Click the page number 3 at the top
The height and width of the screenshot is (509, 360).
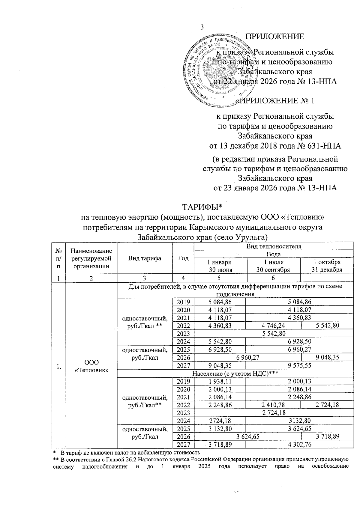pos(202,27)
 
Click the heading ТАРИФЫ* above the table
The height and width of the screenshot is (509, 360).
pos(202,207)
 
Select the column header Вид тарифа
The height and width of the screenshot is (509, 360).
pos(145,258)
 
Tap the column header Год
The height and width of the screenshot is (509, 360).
pos(183,258)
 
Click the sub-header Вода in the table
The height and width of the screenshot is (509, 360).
pos(273,254)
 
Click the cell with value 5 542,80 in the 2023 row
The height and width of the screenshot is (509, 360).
pos(273,333)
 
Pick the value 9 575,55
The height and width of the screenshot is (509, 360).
pos(299,365)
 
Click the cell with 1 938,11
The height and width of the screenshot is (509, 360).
pos(220,381)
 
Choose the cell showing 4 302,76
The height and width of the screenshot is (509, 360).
pos(299,445)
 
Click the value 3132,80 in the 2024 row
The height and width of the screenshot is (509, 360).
pos(299,421)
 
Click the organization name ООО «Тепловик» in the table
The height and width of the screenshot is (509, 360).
pos(91,366)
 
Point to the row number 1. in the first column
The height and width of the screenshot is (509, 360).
pos(59,366)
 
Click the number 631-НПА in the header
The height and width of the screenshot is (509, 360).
pos(325,146)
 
